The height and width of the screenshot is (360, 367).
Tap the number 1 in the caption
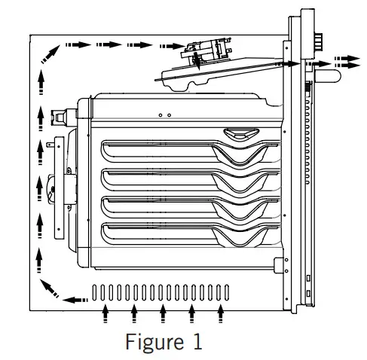click(195, 342)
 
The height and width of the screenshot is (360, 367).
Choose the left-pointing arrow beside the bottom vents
click(75, 300)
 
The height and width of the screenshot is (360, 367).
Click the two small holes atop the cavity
click(165, 114)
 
